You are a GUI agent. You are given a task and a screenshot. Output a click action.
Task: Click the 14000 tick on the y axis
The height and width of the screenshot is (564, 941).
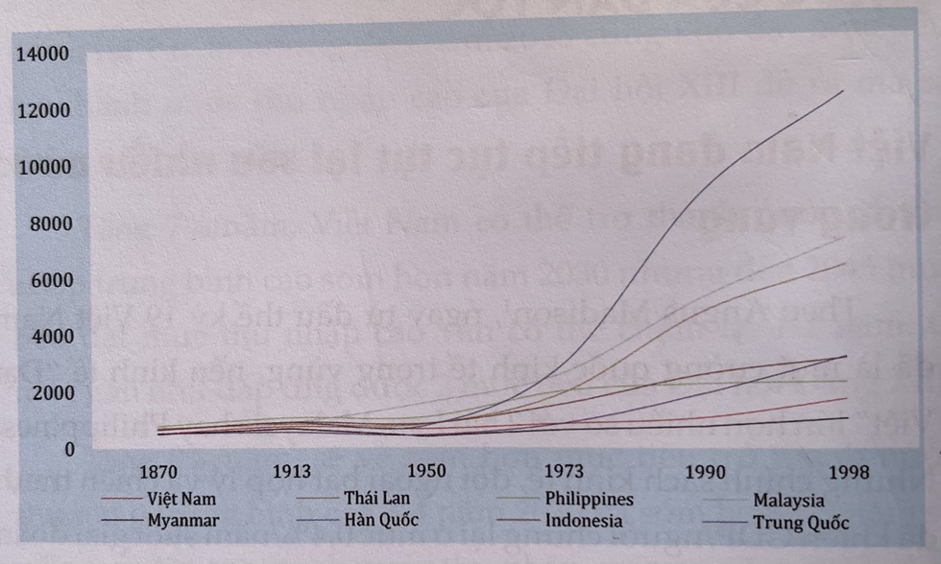43,54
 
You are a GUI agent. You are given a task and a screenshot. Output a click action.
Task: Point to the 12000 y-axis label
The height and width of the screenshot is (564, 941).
43,111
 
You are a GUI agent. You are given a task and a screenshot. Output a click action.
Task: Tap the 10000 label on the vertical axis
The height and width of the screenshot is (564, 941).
43,168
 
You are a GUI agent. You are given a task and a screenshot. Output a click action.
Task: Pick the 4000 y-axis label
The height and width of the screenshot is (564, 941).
47,338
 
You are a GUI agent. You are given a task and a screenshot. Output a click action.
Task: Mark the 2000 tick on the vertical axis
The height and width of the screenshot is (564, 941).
47,393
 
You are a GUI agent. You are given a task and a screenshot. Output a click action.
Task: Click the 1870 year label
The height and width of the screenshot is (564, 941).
159,472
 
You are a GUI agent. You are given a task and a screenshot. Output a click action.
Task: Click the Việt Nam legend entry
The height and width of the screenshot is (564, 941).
181,499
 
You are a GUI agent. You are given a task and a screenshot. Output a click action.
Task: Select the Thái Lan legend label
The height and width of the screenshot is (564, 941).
373,499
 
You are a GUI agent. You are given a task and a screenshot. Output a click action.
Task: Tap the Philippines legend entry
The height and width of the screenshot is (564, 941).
589,499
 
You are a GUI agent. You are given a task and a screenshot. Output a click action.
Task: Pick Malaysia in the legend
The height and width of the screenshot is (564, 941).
788,500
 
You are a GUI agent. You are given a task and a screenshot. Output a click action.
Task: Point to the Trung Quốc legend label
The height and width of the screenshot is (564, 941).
801,523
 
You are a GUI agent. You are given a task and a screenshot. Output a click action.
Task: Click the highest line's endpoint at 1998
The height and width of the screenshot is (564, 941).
844,90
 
